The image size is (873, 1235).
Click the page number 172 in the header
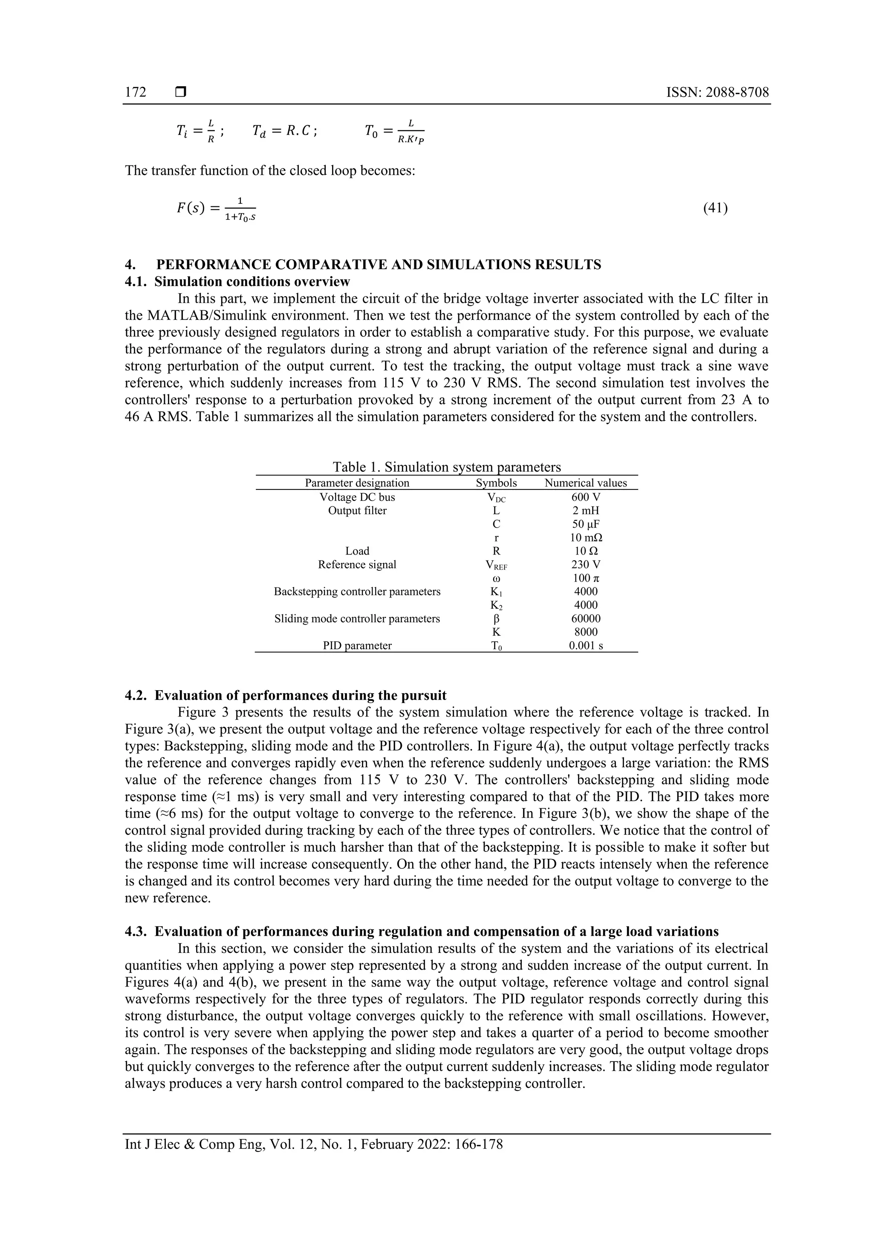click(136, 93)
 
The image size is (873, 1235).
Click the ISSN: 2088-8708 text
click(717, 93)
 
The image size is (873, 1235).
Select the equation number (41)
click(715, 208)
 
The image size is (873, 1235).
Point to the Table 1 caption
click(446, 467)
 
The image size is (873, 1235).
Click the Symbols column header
click(496, 483)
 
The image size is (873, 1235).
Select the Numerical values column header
click(585, 483)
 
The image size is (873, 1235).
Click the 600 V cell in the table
click(585, 497)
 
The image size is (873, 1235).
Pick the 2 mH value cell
click(585, 510)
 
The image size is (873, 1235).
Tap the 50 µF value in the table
click(585, 524)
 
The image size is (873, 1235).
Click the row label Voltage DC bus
click(357, 497)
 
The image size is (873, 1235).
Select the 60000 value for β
click(585, 619)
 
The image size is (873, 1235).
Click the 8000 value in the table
click(585, 632)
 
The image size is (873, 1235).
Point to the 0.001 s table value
click(585, 645)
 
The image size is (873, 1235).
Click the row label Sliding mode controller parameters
click(357, 619)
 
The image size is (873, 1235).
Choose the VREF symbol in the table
click(496, 565)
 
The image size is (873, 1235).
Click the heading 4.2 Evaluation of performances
click(286, 695)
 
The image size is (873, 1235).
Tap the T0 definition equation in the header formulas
click(394, 131)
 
